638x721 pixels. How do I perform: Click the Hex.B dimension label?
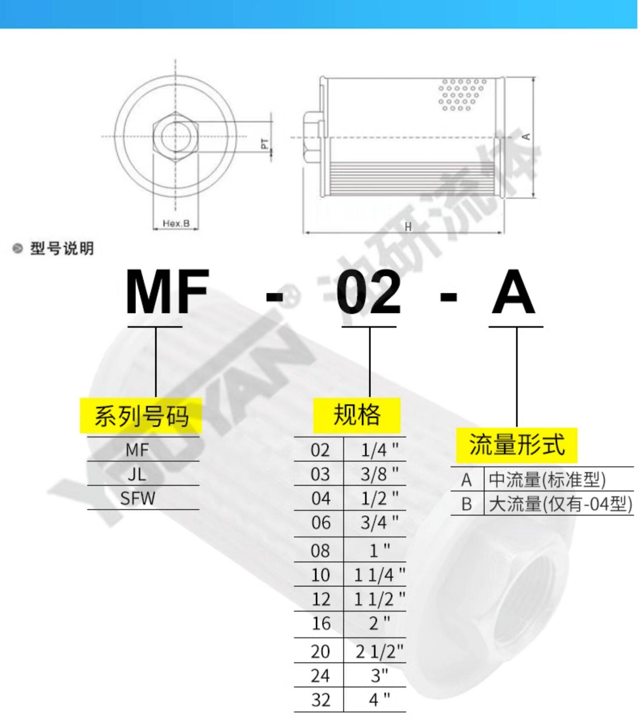click(176, 223)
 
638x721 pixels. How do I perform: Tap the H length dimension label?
click(408, 227)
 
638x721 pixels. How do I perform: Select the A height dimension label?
click(526, 136)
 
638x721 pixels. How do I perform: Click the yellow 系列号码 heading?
click(141, 416)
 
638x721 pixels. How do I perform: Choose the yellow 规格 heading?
click(357, 415)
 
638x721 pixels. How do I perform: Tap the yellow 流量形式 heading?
click(516, 445)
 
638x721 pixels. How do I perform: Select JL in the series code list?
click(137, 474)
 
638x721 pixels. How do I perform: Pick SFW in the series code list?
click(137, 498)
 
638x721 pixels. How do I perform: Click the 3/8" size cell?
click(379, 474)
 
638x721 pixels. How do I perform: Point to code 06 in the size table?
click(320, 522)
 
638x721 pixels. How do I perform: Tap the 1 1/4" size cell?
click(379, 575)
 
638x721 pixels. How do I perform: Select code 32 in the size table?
click(320, 700)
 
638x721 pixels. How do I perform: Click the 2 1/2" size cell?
click(379, 651)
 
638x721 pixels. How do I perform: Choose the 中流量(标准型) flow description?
click(547, 480)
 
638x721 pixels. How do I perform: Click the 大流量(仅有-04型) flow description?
click(560, 504)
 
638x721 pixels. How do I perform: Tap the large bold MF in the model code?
click(167, 292)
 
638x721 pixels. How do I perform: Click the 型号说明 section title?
click(62, 248)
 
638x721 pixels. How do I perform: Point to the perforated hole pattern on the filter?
click(461, 94)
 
